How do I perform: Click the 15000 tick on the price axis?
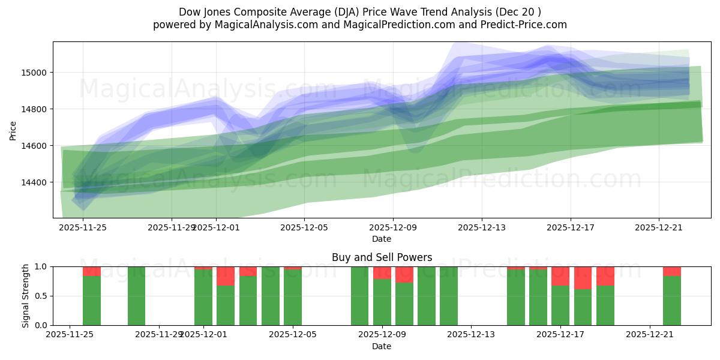37,73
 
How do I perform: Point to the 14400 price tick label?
37,182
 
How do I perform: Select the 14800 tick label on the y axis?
37,109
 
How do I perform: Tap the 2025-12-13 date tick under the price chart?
481,227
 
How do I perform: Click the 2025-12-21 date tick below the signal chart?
650,335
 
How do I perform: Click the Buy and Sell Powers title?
382,257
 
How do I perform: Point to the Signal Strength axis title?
25,296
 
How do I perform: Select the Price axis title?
13,130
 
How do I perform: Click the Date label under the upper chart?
382,239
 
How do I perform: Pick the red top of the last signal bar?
672,271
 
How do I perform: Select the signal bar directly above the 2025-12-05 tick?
293,297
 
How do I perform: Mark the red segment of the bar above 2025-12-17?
560,276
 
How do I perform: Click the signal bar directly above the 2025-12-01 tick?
203,297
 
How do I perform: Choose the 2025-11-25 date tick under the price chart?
83,227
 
